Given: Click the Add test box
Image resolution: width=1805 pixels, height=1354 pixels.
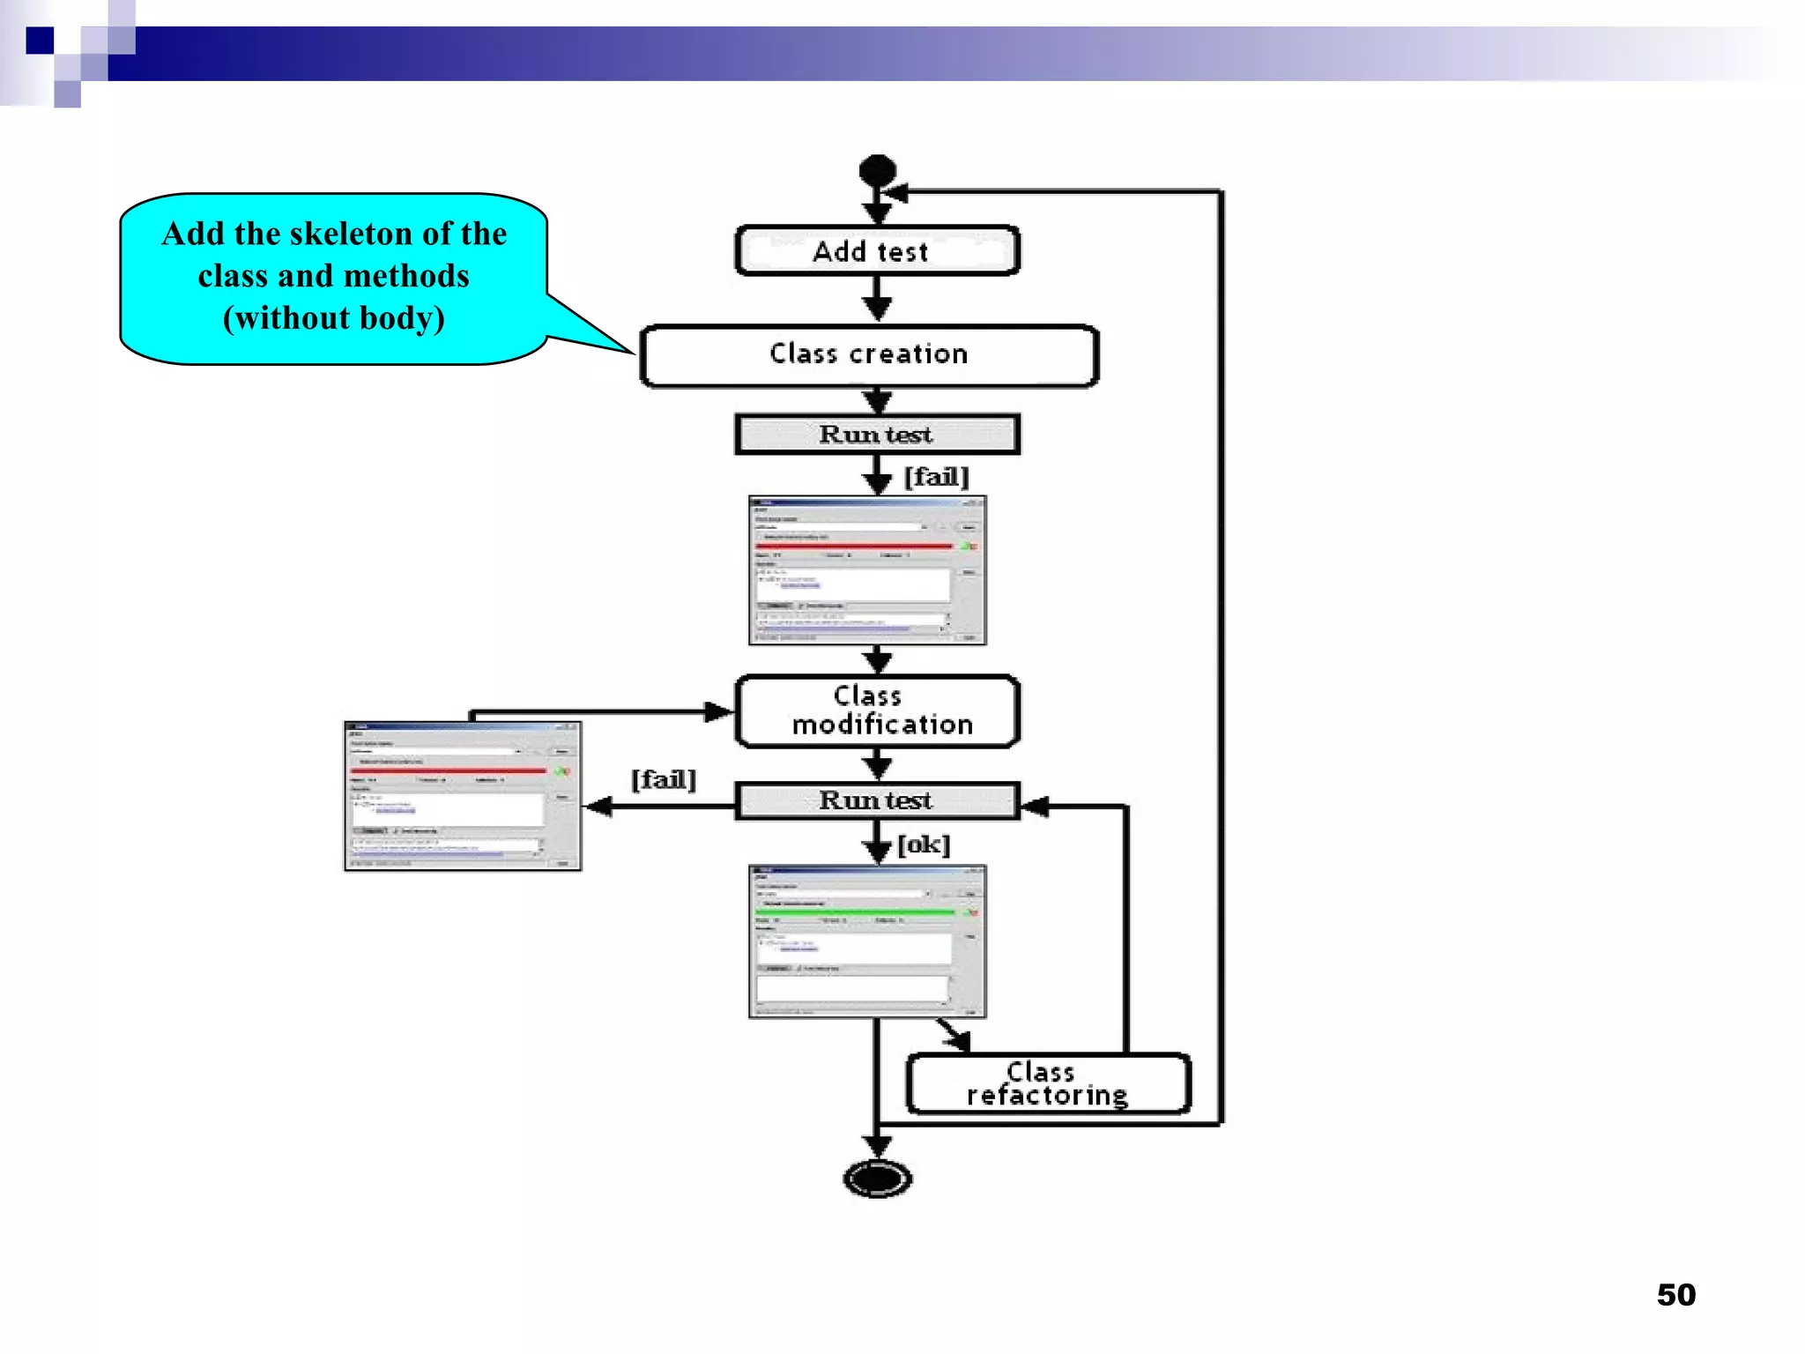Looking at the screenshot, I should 876,251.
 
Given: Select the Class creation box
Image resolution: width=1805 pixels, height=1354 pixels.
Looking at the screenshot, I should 869,354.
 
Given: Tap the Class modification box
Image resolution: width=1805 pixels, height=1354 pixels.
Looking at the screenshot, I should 877,710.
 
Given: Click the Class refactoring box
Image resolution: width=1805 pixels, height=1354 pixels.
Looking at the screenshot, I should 1047,1083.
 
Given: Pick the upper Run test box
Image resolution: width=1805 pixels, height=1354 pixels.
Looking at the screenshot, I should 877,435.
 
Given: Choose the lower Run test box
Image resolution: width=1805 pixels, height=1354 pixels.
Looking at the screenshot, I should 877,800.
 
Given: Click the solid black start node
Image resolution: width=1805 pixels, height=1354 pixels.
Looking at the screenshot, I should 877,170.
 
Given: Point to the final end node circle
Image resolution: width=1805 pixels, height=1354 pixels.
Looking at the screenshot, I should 877,1178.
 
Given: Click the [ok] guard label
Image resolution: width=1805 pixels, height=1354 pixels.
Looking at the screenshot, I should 924,844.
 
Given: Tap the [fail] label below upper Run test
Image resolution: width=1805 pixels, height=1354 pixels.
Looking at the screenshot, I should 936,477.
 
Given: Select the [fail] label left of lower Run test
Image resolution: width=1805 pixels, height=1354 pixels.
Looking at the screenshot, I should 663,779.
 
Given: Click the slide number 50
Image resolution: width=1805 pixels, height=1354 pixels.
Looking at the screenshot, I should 1675,1294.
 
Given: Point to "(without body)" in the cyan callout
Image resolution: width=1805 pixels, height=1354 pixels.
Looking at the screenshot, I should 333,318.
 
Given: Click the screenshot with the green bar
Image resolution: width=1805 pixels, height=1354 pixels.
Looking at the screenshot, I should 867,941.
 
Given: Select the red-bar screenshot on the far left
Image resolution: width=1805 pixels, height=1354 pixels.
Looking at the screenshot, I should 463,796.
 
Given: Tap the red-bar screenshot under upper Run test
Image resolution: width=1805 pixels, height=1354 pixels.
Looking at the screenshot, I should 867,570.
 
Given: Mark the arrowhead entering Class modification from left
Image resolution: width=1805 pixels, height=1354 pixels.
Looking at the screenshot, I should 719,711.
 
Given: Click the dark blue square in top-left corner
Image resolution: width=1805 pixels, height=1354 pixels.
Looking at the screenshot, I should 40,41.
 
